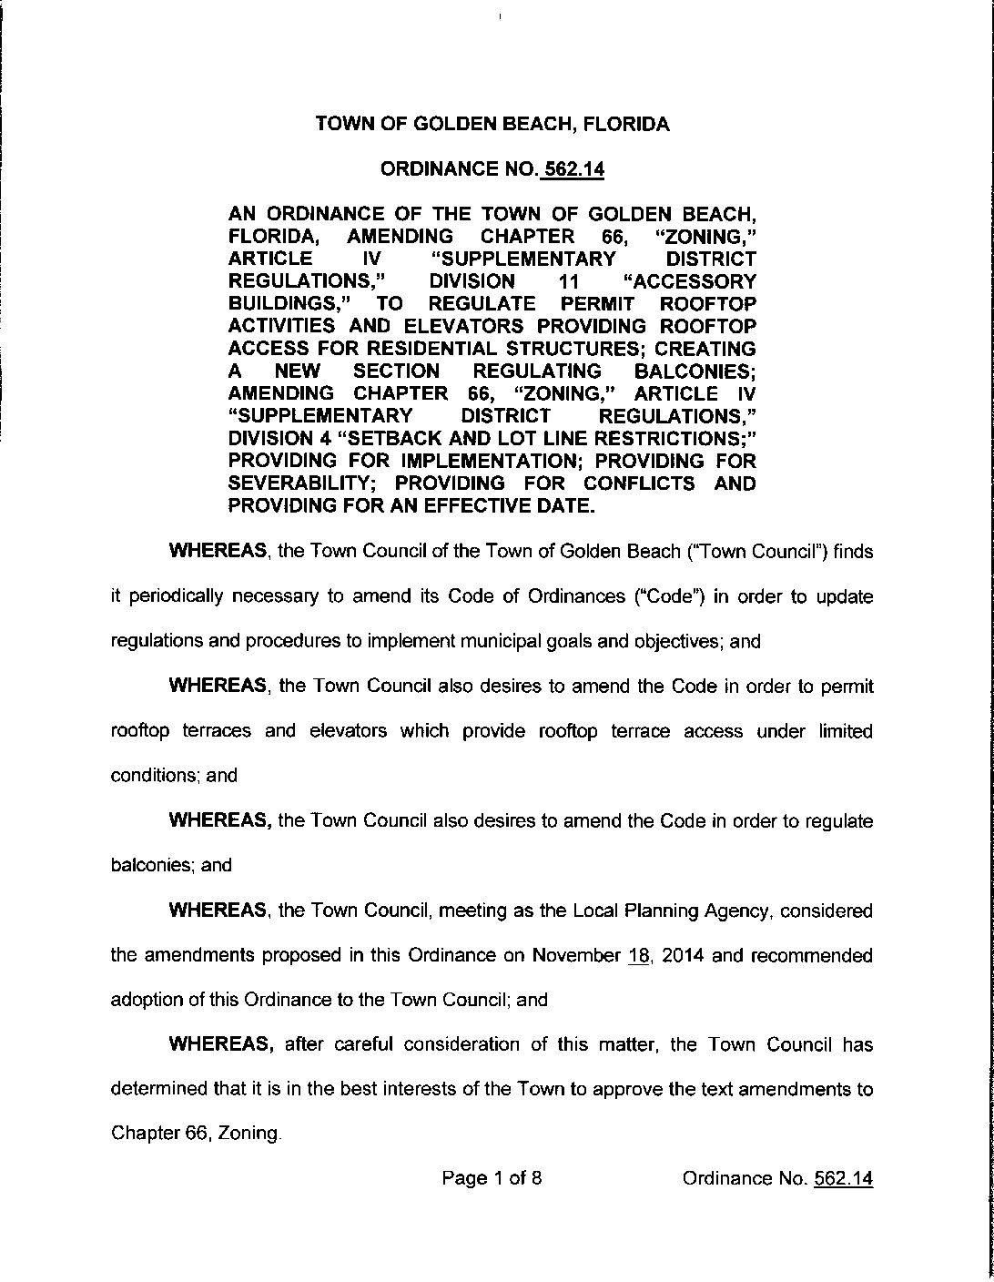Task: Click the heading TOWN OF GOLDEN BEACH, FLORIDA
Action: click(x=492, y=125)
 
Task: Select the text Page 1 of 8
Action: click(x=492, y=1178)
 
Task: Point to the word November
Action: click(x=575, y=956)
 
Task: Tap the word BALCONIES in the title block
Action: click(x=693, y=371)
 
